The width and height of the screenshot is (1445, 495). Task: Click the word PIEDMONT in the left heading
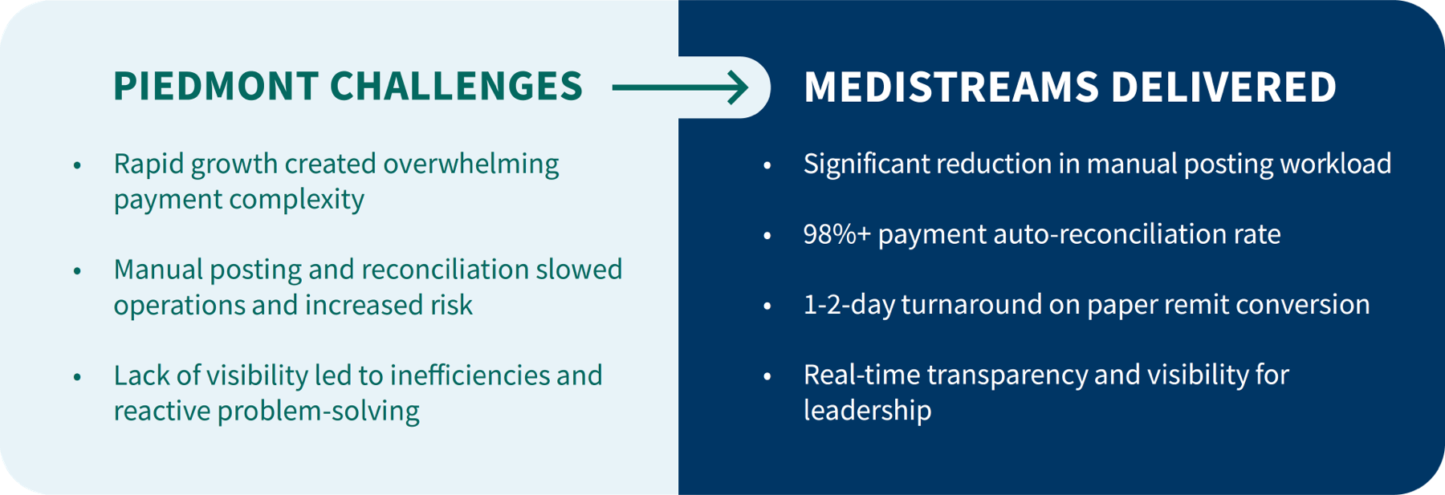click(214, 87)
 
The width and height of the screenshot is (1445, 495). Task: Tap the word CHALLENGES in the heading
click(456, 87)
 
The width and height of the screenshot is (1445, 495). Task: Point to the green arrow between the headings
click(680, 87)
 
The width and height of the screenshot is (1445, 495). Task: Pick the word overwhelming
click(471, 164)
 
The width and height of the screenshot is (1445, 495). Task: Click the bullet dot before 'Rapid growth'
click(77, 165)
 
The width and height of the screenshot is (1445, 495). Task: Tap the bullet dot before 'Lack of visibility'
click(77, 377)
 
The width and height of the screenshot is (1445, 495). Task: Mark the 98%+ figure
click(837, 234)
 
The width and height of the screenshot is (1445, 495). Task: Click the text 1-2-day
click(849, 305)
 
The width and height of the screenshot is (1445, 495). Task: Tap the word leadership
click(868, 411)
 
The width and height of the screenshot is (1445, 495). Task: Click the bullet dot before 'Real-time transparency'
click(767, 376)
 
